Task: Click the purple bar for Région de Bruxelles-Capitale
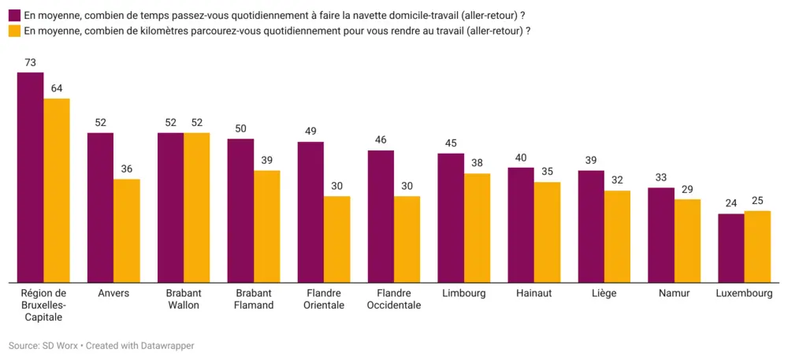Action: [31, 177]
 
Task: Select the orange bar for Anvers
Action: [127, 230]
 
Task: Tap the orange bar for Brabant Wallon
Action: [197, 207]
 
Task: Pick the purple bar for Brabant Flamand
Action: [240, 210]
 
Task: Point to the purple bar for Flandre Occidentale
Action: [381, 216]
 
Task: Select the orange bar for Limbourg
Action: [478, 228]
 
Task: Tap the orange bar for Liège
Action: [618, 236]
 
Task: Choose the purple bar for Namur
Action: [661, 235]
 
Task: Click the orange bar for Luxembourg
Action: [757, 246]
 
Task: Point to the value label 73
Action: [31, 62]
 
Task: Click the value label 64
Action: [57, 88]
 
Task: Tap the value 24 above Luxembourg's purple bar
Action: [731, 203]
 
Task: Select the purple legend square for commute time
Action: [14, 15]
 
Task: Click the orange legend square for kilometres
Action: [14, 31]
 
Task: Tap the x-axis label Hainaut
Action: [533, 293]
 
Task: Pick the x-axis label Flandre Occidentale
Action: [394, 299]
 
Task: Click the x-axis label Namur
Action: [674, 293]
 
